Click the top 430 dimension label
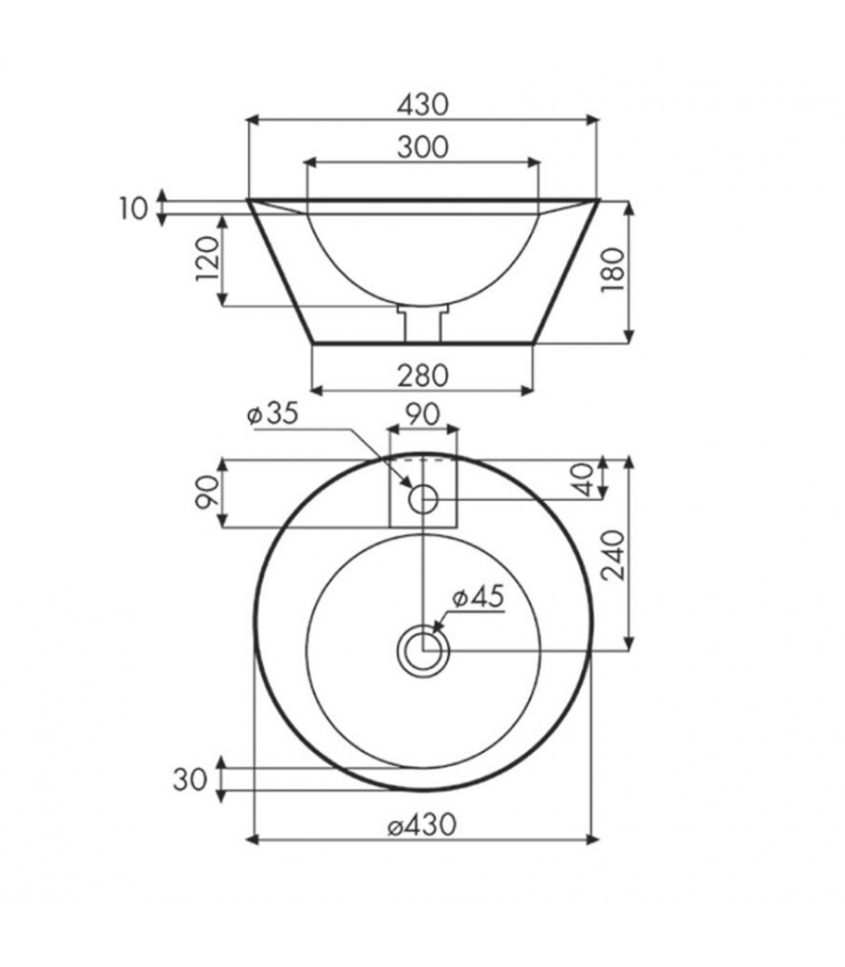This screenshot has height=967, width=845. [x=422, y=105]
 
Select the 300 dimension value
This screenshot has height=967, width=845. [x=422, y=147]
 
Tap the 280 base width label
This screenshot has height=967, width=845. [x=422, y=376]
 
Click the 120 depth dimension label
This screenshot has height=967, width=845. [x=208, y=259]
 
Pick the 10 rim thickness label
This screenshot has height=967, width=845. [x=134, y=209]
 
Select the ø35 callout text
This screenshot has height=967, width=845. [x=273, y=414]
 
